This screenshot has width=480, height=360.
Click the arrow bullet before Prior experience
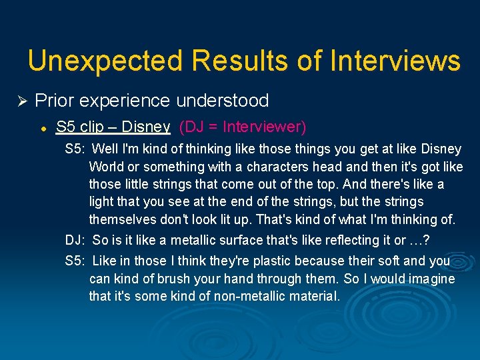tap(21, 101)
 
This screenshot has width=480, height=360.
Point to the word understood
tap(223, 101)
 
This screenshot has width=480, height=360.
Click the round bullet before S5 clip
tap(42, 127)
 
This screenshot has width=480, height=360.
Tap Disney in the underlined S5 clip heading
tap(147, 127)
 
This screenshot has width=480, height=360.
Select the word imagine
tap(430, 279)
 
